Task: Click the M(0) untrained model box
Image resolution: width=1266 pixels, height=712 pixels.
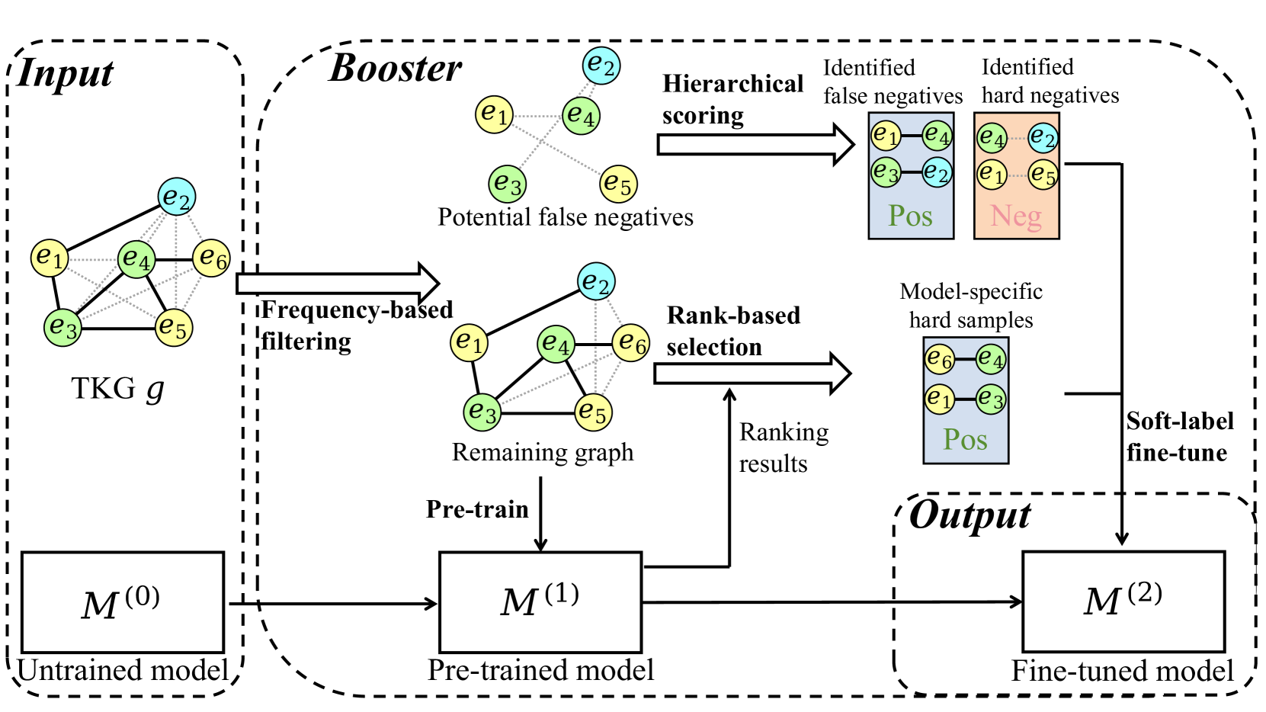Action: point(123,602)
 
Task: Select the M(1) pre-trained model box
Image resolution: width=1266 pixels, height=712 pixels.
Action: point(540,602)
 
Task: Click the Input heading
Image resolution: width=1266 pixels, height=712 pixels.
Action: point(65,74)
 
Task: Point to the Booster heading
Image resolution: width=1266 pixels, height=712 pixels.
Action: point(395,69)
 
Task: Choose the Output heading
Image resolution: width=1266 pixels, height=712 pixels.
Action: point(970,516)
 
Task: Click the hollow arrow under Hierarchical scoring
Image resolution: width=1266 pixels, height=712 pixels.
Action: point(755,144)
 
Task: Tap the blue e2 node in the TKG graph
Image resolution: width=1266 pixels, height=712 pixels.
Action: point(177,197)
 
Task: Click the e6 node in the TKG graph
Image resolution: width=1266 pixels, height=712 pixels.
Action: point(211,258)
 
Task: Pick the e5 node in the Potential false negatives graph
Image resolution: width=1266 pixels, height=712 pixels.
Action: point(618,184)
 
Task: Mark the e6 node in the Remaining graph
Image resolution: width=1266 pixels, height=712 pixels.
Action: point(632,343)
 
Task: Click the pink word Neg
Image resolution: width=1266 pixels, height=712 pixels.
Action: point(1016,216)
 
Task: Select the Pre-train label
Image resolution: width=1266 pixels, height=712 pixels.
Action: point(477,509)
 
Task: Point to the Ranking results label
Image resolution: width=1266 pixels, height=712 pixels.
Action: point(784,447)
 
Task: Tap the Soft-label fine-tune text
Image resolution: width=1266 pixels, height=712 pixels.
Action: point(1179,437)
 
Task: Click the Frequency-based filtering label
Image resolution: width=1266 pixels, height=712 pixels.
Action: point(356,326)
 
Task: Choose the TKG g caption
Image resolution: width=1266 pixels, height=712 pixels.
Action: point(118,389)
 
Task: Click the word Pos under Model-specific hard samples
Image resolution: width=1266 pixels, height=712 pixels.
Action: point(965,440)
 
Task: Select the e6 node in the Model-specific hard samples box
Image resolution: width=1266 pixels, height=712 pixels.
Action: point(940,358)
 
